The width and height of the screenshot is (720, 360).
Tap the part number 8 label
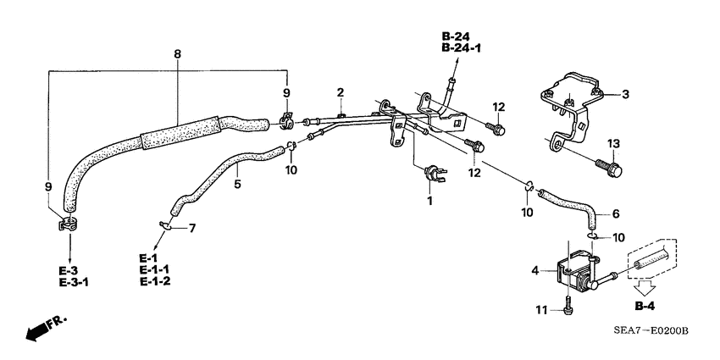(176, 54)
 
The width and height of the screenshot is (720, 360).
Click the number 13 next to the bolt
(613, 142)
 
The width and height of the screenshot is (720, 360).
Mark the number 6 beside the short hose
(615, 213)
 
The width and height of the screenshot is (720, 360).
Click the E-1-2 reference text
(156, 281)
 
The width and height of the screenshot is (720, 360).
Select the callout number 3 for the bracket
(626, 94)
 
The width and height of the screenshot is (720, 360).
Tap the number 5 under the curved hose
(238, 182)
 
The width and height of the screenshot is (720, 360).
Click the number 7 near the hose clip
(191, 229)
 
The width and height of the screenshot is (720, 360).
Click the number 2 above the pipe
(340, 91)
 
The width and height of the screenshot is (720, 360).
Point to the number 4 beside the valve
(534, 270)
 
